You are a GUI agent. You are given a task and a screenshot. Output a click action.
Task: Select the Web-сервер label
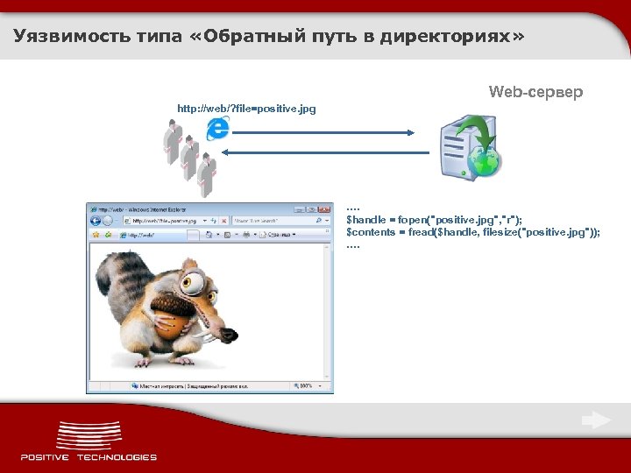(535, 92)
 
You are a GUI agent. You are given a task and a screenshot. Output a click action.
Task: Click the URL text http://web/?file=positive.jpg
(246, 109)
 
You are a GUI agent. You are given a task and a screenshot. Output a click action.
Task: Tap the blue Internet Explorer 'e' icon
(216, 129)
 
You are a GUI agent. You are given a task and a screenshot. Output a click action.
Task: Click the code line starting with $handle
(435, 220)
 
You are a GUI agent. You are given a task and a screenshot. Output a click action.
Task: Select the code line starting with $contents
(473, 232)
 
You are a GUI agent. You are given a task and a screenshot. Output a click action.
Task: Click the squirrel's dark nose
(230, 335)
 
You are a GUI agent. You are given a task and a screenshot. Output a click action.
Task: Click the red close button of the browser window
(324, 209)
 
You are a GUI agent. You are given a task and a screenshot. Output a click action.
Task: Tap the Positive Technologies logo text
(89, 456)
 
